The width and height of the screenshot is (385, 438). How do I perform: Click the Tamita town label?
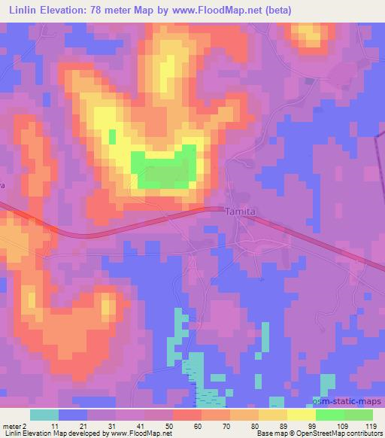(x=241, y=212)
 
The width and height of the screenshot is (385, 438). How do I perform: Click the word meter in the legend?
(x=13, y=426)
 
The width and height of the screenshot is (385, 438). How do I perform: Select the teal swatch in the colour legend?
(x=45, y=415)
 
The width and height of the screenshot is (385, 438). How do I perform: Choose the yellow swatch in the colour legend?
(x=302, y=415)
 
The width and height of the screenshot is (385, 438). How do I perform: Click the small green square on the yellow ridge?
(x=113, y=135)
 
